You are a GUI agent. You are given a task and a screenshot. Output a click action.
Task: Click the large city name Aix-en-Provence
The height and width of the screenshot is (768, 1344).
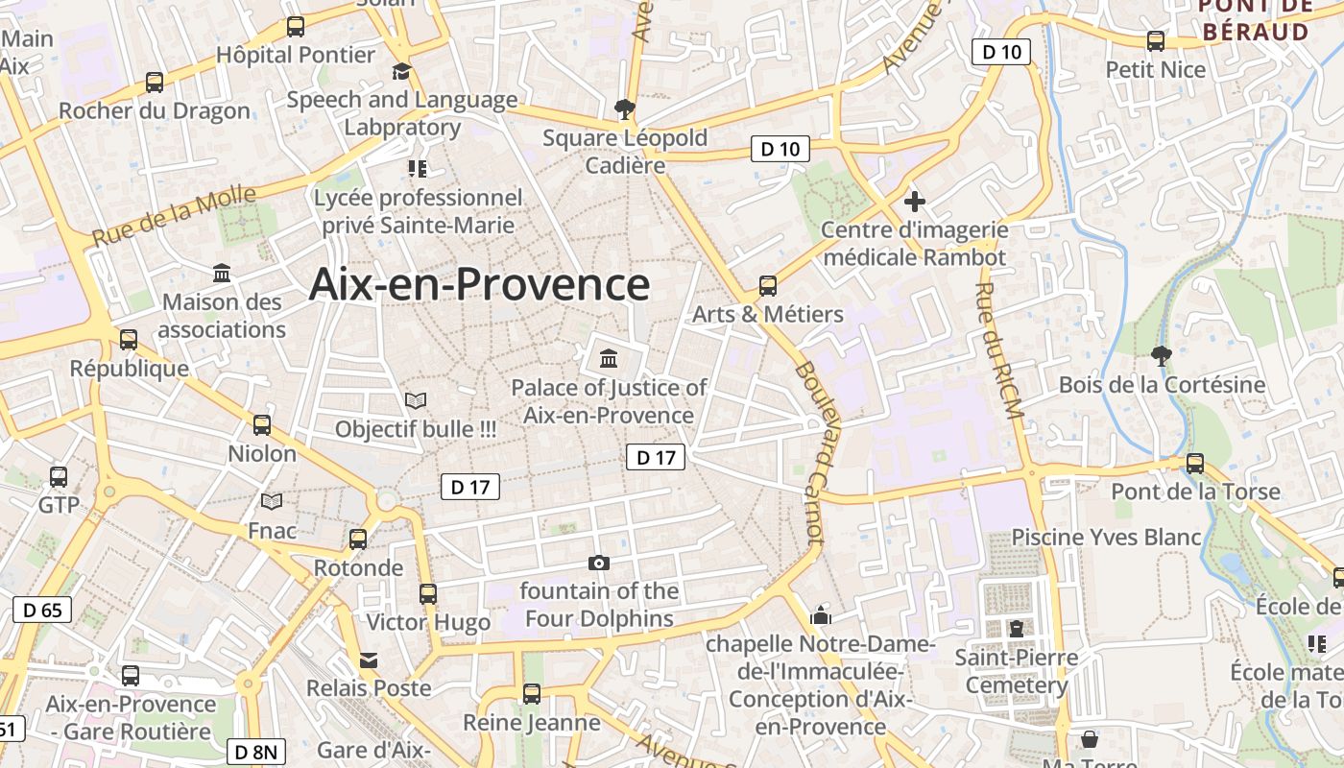point(479,285)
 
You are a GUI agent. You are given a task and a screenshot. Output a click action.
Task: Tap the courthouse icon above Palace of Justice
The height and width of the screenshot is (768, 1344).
point(609,359)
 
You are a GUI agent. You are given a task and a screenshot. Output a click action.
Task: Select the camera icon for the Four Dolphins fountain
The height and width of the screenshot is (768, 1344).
point(599,563)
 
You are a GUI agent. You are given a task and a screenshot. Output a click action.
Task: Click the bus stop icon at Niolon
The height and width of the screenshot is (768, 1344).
point(261,424)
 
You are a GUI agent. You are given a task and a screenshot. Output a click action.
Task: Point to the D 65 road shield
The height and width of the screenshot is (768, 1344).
point(42,609)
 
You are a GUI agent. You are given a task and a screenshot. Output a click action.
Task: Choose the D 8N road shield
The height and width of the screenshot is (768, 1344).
point(256,752)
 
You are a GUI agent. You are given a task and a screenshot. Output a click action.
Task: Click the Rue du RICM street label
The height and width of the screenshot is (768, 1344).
point(999,350)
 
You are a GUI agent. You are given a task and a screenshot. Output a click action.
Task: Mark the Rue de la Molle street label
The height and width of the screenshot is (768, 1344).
point(175,216)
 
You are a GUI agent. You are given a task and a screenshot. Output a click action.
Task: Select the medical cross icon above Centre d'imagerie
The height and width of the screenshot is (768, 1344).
point(915,202)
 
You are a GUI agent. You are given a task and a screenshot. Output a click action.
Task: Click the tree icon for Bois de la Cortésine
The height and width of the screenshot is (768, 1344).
point(1162,355)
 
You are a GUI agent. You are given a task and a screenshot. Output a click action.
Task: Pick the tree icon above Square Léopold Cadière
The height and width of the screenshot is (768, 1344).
point(625,108)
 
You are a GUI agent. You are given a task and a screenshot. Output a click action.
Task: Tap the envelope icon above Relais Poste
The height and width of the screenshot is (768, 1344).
point(369,660)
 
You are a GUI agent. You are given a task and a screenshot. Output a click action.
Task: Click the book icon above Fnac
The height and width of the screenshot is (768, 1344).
point(272,501)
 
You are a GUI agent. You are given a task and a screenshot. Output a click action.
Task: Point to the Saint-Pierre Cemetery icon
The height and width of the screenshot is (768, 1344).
point(1016,629)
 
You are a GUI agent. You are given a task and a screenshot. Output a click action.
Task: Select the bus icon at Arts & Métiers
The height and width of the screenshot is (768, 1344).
point(768,285)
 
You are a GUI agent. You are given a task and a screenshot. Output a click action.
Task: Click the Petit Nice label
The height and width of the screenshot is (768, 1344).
point(1155,69)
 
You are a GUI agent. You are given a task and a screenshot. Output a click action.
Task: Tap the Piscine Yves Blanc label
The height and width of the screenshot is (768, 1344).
point(1106,537)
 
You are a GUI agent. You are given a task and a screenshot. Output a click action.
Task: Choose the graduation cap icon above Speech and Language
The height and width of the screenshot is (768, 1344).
point(401,72)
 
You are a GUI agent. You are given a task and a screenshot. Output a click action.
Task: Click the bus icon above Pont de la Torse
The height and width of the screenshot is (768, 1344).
point(1195,463)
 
